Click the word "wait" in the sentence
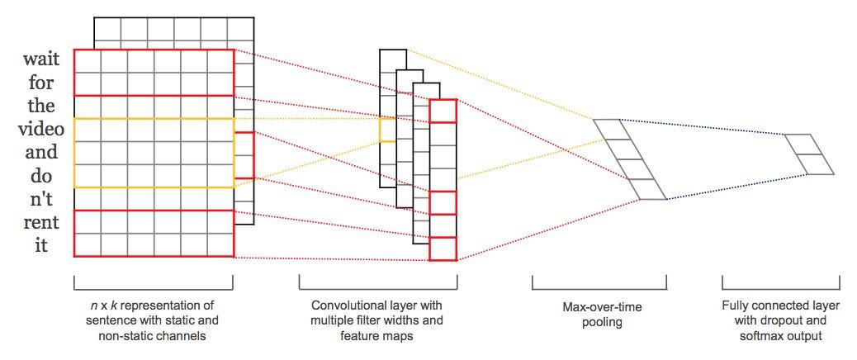(40, 60)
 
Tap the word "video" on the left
(40, 130)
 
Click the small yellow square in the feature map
(387, 130)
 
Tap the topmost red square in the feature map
(443, 111)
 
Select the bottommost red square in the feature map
(443, 249)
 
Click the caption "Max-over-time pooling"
(599, 314)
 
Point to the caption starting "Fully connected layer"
(780, 321)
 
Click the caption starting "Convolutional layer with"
(377, 321)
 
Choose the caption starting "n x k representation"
(153, 321)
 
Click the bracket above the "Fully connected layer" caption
(780, 285)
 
